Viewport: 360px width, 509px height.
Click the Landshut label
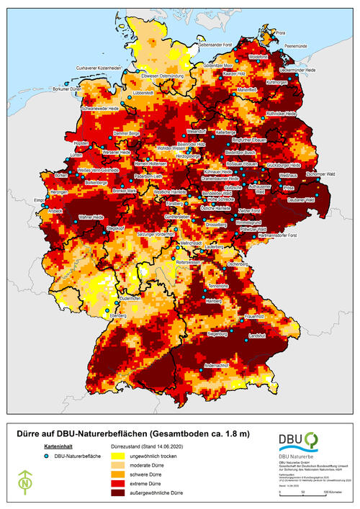tap(258, 335)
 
